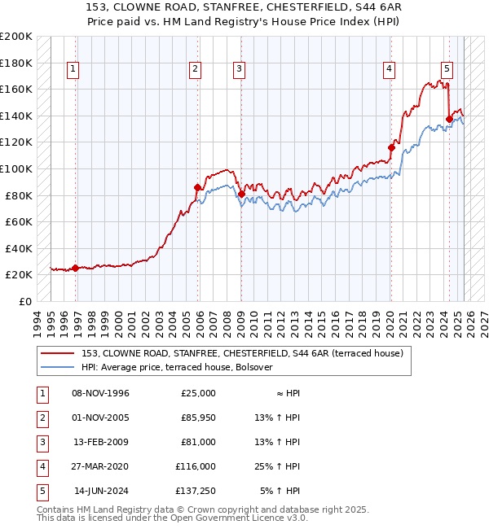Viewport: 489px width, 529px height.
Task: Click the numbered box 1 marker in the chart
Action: (73, 69)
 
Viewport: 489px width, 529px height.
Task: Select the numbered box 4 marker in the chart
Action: (390, 69)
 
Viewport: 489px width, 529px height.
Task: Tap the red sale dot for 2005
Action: (197, 187)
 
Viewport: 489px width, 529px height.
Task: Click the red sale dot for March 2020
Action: (391, 147)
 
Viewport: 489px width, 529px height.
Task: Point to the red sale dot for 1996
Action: (75, 268)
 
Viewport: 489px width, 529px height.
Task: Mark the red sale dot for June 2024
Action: (449, 119)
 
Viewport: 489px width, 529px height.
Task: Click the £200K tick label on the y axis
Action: (16, 37)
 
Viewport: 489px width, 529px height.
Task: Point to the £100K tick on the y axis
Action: (16, 168)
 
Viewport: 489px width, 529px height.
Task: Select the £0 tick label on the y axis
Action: (24, 301)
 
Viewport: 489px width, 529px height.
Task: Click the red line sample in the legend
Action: (57, 353)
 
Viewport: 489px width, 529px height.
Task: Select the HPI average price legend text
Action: (177, 367)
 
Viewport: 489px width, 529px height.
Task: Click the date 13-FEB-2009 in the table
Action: (101, 442)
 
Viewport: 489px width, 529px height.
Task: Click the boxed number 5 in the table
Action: (41, 491)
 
